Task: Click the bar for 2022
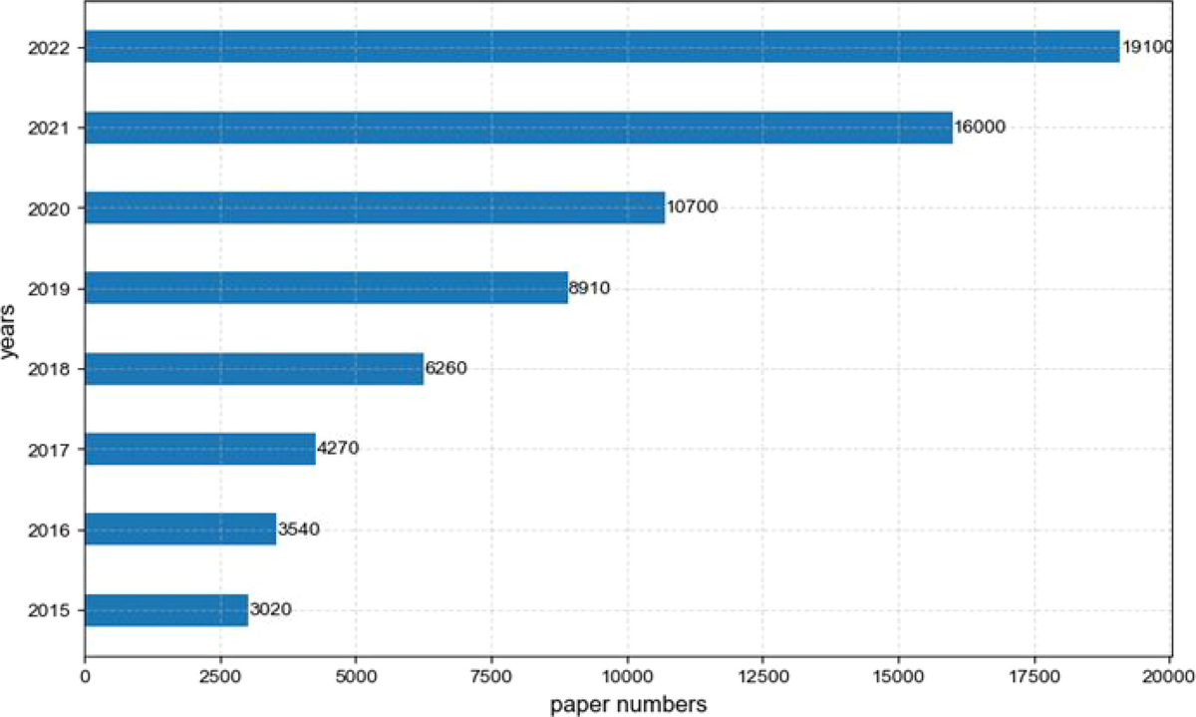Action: click(602, 47)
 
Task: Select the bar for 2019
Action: click(326, 288)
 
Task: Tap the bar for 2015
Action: click(166, 609)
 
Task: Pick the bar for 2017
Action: click(200, 449)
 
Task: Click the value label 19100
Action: click(1151, 47)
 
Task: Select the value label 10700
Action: click(692, 207)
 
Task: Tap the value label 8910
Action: click(589, 288)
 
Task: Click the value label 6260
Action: click(446, 368)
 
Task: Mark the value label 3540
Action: click(298, 530)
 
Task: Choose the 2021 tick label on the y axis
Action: click(50, 128)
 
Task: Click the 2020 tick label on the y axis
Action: click(50, 207)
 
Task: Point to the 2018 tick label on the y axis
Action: click(50, 369)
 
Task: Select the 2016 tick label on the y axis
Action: click(50, 530)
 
